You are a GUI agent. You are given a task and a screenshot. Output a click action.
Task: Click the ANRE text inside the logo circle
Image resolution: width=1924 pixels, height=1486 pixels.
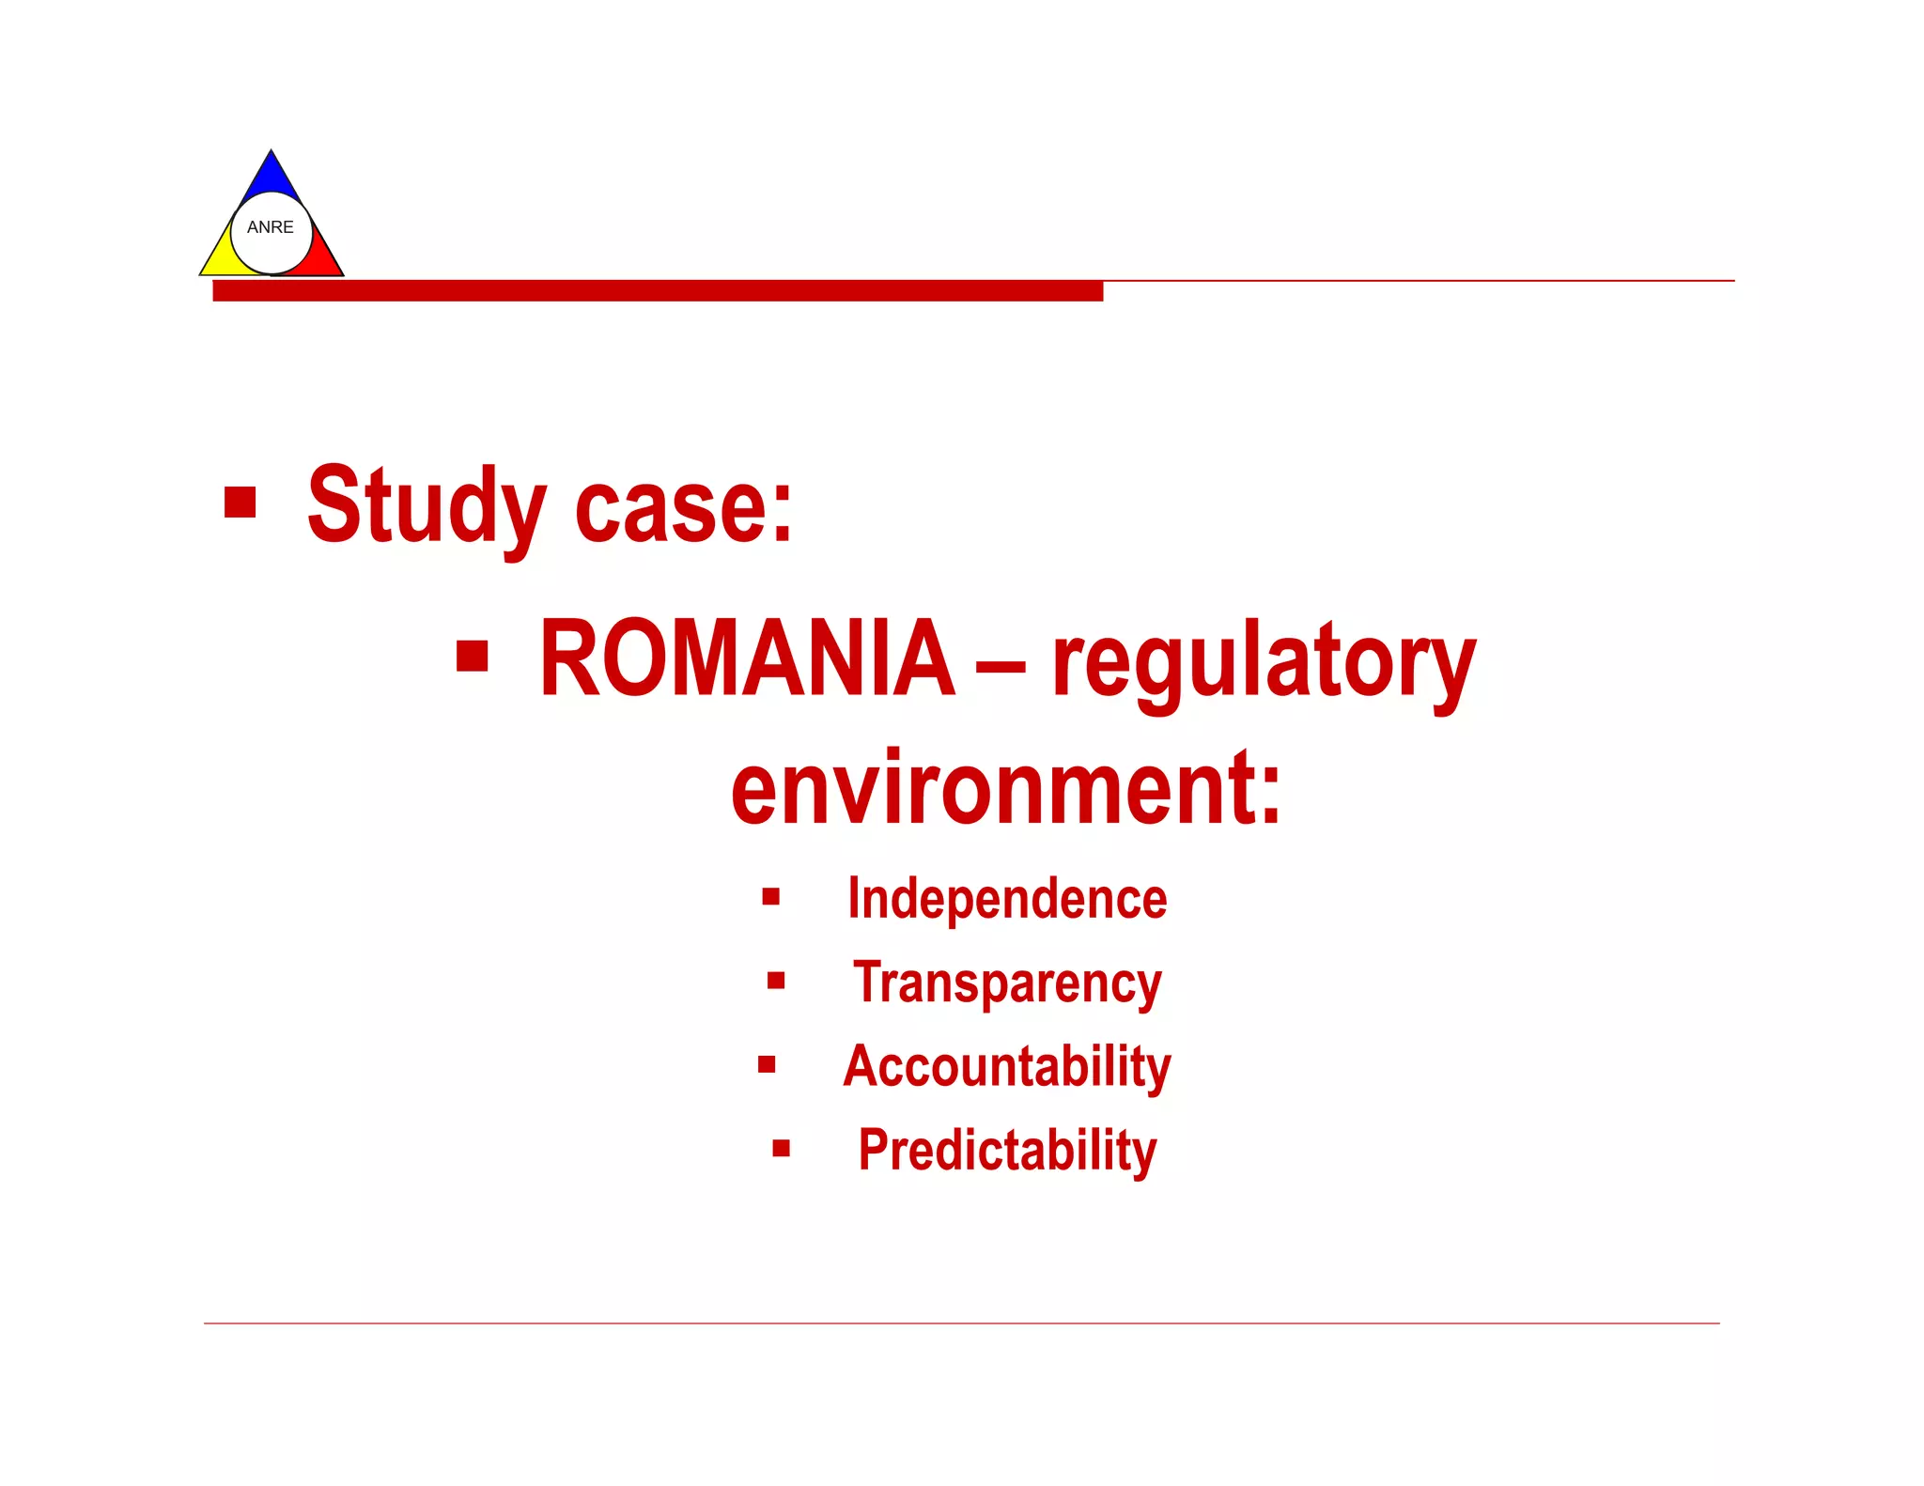270,227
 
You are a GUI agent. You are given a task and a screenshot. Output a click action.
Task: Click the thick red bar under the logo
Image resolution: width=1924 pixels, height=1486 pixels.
658,290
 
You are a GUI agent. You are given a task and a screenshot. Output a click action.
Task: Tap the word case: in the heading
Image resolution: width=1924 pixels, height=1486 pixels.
684,507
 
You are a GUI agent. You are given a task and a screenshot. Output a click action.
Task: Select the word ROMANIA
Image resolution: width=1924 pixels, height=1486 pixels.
747,659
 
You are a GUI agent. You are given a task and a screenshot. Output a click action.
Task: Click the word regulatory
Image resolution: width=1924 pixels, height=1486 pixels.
1264,662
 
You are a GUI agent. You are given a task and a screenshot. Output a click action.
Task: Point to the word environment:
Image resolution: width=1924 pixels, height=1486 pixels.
1005,789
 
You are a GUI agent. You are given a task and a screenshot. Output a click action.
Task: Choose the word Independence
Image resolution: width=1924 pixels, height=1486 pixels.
1007,899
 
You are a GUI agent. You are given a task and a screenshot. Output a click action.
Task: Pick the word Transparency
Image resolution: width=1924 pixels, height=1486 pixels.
1007,983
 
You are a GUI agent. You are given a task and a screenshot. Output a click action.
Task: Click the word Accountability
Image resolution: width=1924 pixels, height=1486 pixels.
1007,1067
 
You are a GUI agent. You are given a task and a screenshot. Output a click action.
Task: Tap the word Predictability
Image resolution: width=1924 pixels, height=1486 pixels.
1007,1151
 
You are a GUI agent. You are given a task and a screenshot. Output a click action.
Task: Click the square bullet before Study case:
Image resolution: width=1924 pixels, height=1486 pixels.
240,502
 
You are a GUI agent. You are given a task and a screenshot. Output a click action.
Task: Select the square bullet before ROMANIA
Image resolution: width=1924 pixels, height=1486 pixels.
472,657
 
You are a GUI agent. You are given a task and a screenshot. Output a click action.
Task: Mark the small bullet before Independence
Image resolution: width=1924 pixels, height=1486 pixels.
771,896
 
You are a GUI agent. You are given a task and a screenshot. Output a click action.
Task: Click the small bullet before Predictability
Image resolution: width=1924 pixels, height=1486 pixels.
781,1148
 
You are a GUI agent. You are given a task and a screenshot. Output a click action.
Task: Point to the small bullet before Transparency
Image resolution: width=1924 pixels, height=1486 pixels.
776,981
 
